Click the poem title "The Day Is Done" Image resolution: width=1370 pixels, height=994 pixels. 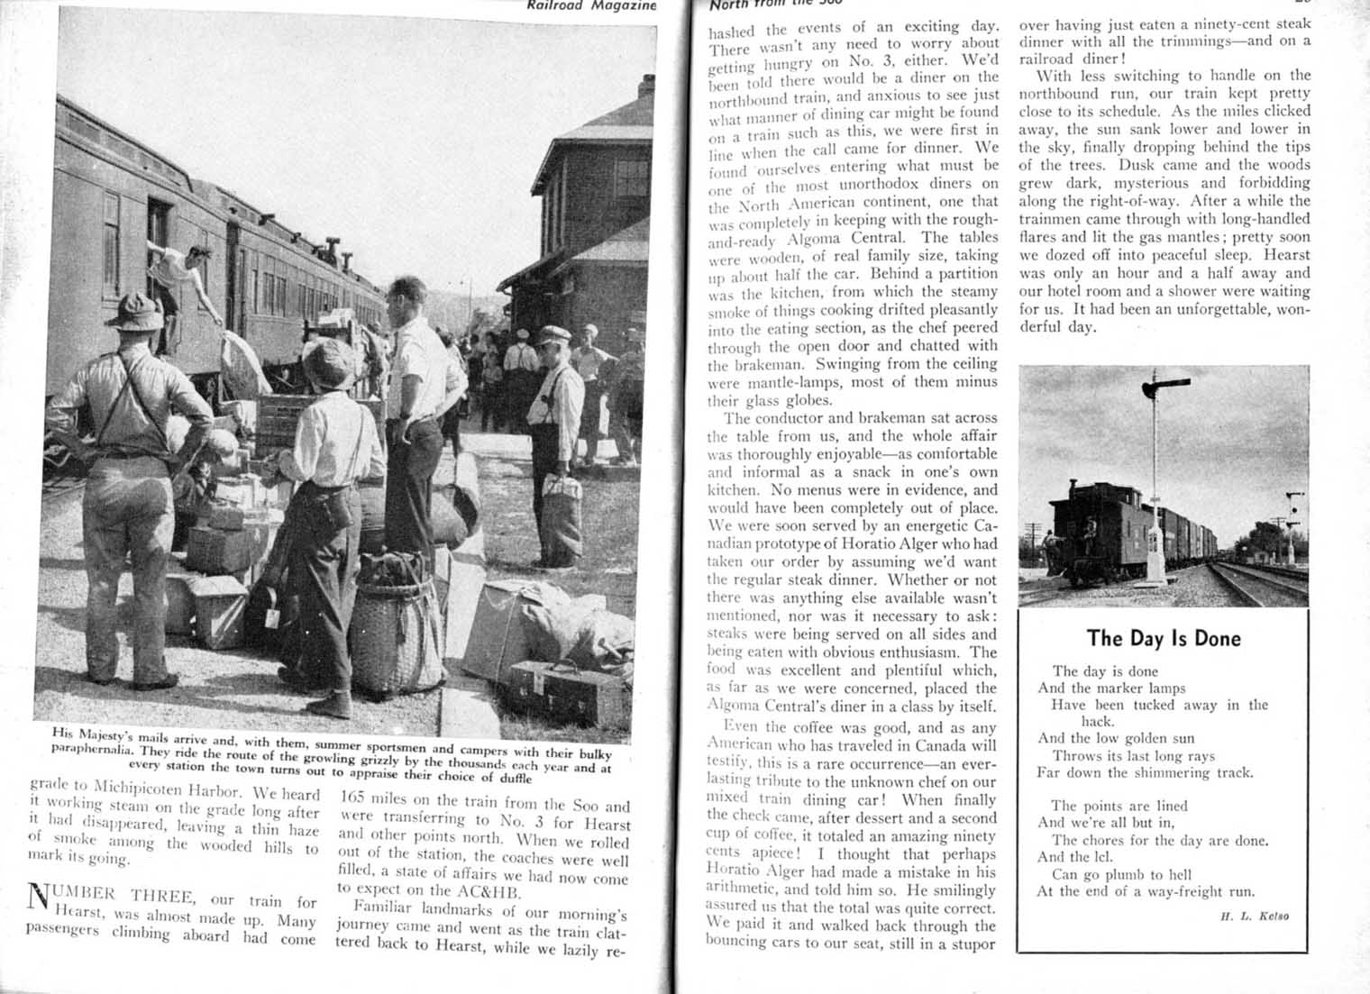click(1163, 639)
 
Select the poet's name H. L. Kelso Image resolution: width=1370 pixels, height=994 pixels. click(1254, 916)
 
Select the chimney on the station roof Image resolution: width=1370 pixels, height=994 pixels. click(645, 88)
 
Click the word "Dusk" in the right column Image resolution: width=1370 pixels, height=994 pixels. click(1138, 165)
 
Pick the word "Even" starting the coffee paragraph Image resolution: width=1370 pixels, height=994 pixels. click(742, 727)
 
